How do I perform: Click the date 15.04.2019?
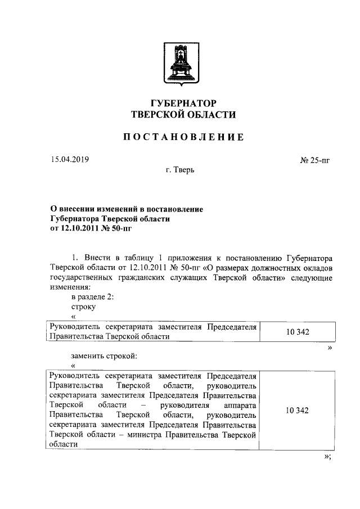point(69,159)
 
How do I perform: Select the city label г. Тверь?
point(180,170)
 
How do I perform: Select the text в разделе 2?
point(93,297)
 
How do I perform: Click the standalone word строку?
point(83,307)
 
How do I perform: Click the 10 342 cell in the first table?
point(297,332)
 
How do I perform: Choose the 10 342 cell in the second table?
point(297,410)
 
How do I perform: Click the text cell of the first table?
point(153,331)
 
